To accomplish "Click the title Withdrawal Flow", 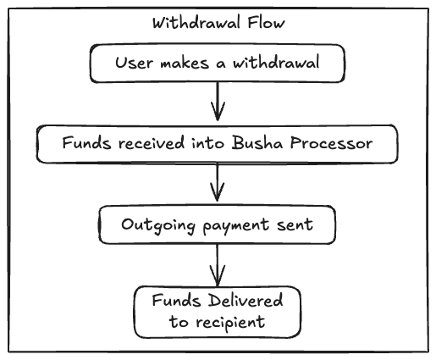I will tap(218, 23).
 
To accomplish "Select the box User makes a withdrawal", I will tap(218, 64).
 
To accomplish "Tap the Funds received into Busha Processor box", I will tap(218, 143).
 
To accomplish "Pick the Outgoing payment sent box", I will tap(218, 224).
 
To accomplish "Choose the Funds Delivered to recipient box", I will tap(218, 311).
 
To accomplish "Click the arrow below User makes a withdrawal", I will tap(218, 103).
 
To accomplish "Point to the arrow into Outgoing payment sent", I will tap(218, 183).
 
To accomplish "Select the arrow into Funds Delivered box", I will tap(218, 265).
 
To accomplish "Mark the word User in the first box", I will tap(131, 64).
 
